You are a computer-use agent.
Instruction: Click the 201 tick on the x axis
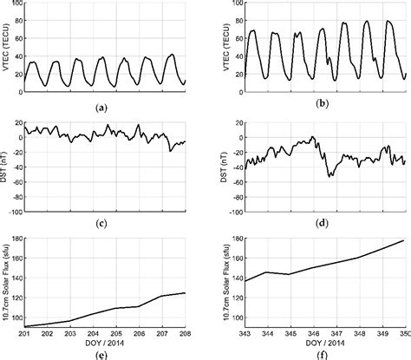(x=26, y=333)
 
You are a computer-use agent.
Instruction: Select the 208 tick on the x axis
(x=186, y=333)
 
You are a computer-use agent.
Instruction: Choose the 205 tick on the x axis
(x=117, y=333)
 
